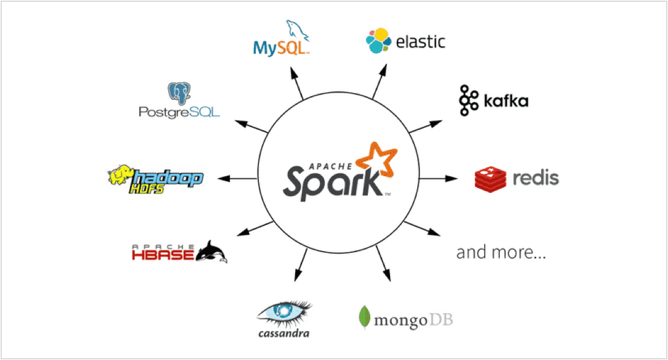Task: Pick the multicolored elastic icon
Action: tap(378, 41)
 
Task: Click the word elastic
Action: tap(420, 42)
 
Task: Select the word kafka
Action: tap(505, 101)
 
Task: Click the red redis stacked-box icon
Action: tap(490, 178)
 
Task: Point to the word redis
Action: tap(536, 179)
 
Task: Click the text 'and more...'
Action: tap(501, 253)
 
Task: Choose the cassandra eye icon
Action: tap(284, 313)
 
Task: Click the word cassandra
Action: tap(283, 333)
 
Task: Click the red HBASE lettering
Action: tap(164, 253)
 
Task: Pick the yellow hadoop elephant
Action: tap(121, 176)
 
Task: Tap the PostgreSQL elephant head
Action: tap(179, 93)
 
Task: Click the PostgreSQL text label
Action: tap(179, 113)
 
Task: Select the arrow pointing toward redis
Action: tap(439, 178)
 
